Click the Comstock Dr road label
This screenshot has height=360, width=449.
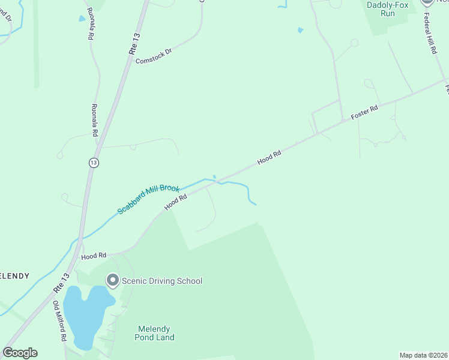[x=154, y=56]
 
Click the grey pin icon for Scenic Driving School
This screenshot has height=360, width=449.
[x=112, y=280]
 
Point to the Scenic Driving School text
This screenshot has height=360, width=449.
[x=162, y=281]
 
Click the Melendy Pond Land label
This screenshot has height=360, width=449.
[x=155, y=333]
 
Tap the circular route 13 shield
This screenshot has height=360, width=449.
[x=93, y=163]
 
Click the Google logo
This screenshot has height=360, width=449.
[x=20, y=353]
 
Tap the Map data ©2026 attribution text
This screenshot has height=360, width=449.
[x=424, y=355]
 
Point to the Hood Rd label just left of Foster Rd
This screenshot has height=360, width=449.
[x=269, y=158]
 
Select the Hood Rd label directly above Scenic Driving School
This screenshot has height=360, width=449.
[x=93, y=256]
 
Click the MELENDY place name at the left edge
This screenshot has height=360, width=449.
[x=14, y=276]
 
